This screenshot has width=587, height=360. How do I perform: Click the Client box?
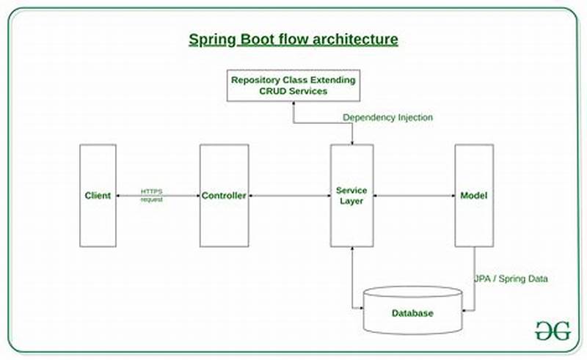coord(98,196)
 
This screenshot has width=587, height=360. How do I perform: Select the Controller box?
coord(223,196)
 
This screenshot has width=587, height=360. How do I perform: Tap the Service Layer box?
coord(351,196)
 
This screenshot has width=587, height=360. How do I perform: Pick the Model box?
coord(473,196)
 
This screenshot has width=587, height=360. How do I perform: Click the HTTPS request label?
coord(152,196)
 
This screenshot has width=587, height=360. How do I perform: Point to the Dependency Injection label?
coord(387,117)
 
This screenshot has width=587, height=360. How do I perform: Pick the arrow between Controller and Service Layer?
coord(288,196)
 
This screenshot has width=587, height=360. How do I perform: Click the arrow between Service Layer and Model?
coord(414,196)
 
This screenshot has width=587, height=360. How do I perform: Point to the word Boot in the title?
coord(259,39)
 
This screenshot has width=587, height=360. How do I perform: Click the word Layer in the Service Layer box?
coord(351,201)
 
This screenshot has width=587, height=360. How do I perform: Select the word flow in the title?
coord(297,39)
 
